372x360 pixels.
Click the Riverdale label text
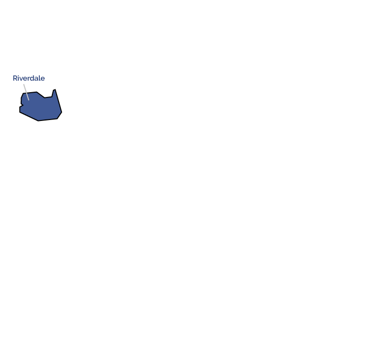(x=29, y=78)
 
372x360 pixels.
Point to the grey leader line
(x=26, y=92)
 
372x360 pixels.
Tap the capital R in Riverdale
(x=15, y=78)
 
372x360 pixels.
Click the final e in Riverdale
(x=43, y=79)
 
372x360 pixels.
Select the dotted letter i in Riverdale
(x=19, y=78)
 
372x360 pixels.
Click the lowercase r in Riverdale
(x=28, y=79)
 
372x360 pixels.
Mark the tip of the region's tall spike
(x=55, y=89)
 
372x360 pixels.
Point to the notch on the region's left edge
(x=23, y=105)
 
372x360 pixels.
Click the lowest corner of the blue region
(x=38, y=121)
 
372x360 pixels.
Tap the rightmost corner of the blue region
(x=62, y=112)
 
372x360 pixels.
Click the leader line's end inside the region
(x=29, y=100)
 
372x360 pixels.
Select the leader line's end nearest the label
(x=24, y=84)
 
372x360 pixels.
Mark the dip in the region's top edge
(x=45, y=97)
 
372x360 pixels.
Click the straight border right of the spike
(x=59, y=101)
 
